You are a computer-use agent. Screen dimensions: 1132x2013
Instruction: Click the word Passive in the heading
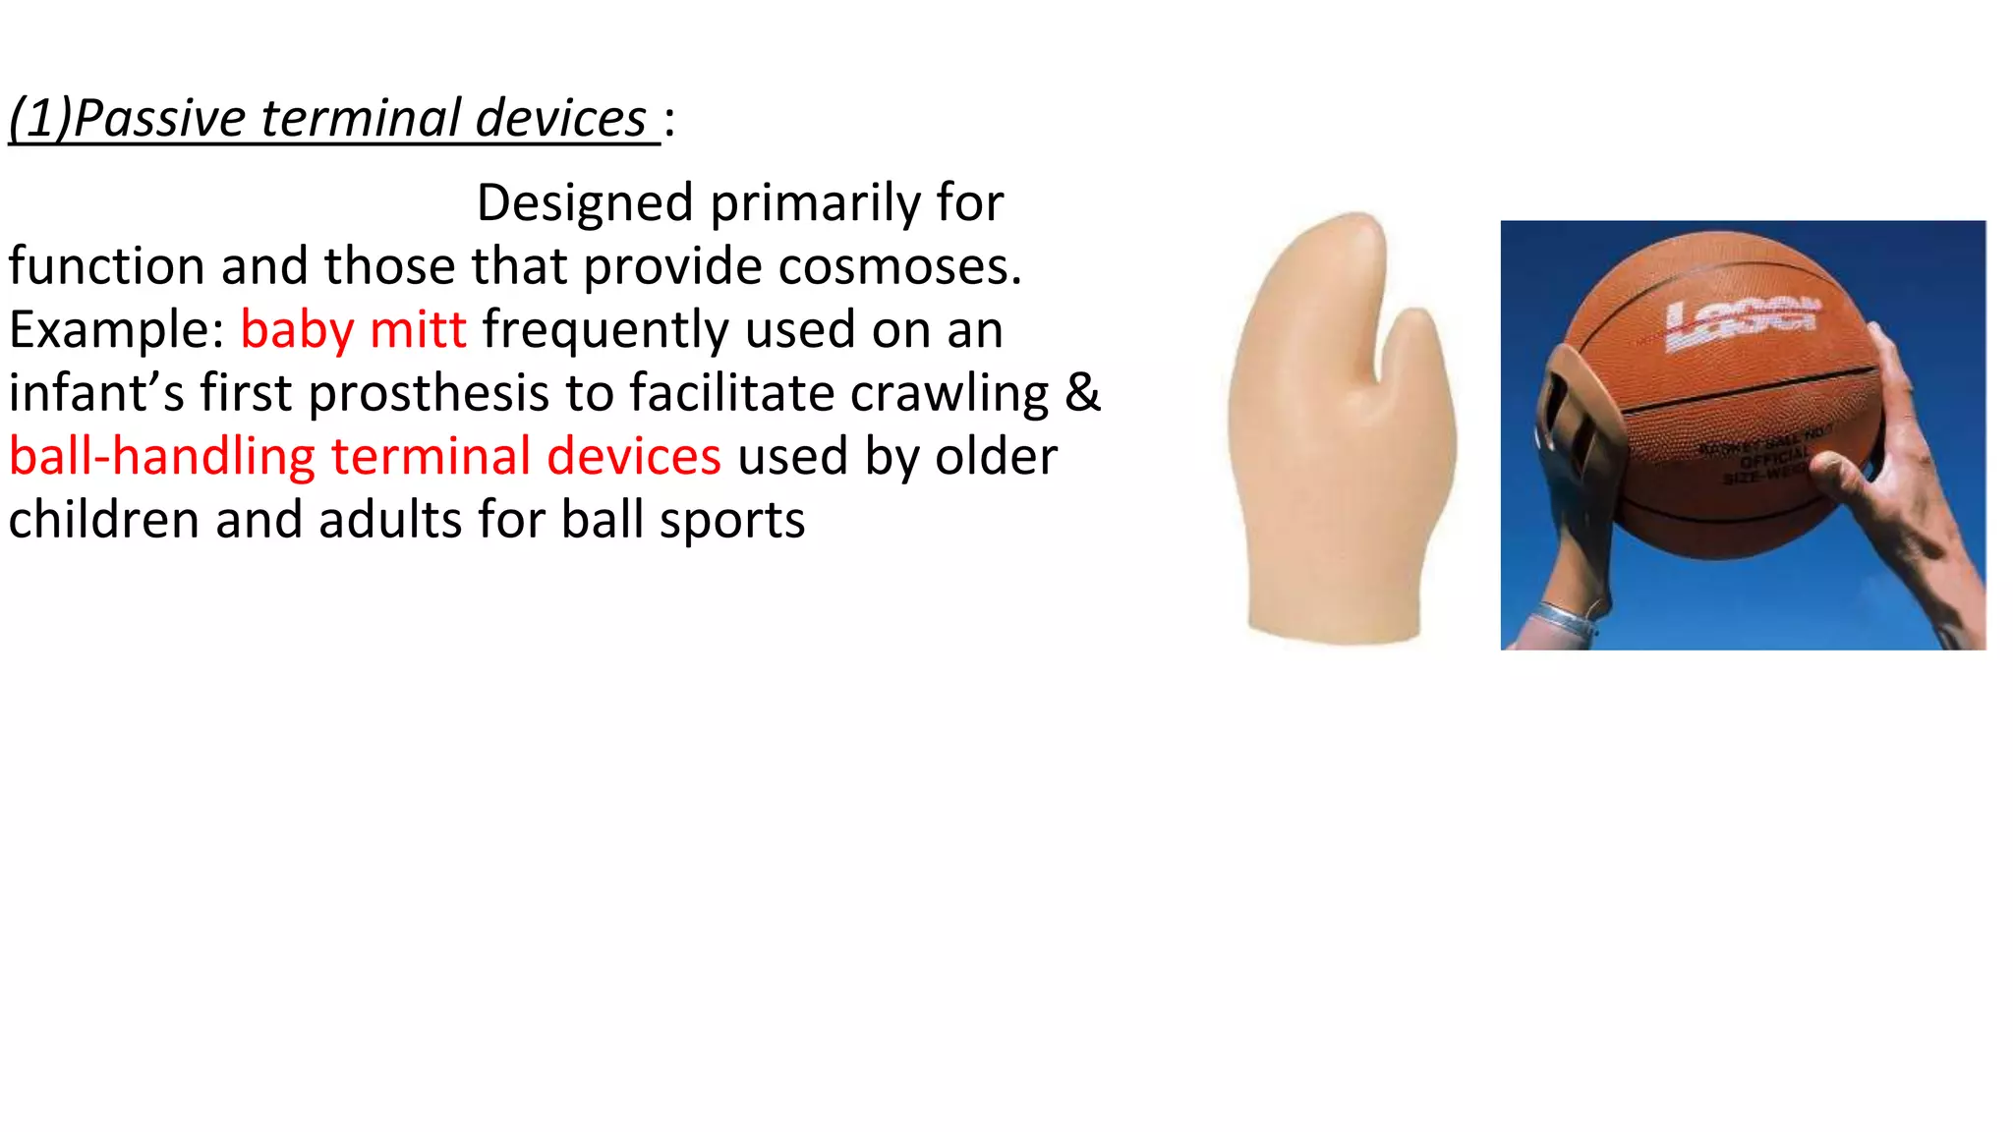point(159,119)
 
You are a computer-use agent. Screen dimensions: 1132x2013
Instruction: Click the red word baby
point(297,330)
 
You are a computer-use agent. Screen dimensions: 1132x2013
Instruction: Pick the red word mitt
point(418,330)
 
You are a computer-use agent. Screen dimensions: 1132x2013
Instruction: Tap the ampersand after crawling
point(1083,393)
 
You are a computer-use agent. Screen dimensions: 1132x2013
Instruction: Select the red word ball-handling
point(162,457)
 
